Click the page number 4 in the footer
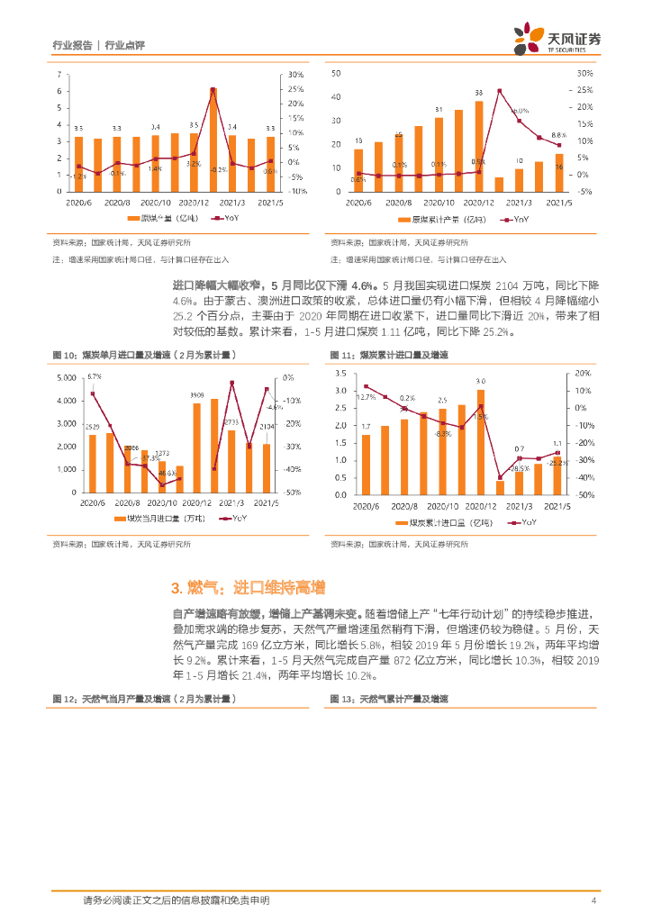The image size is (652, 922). coord(593,900)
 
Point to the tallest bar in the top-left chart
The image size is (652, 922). coord(213,138)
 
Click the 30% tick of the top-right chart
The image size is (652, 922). coord(584,74)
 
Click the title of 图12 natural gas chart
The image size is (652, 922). coord(145,699)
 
